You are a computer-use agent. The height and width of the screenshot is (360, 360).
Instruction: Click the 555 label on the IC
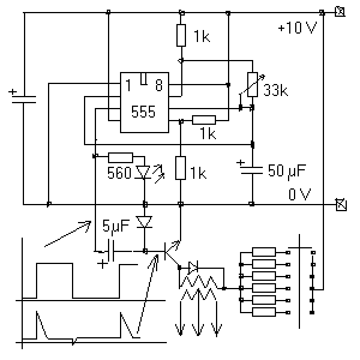143,112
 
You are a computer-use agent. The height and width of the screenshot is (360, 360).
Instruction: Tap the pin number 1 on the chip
128,85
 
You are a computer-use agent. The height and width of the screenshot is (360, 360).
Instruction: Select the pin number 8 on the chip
159,85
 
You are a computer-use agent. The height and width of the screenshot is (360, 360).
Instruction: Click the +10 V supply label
298,28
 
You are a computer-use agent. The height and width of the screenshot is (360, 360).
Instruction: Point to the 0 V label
299,194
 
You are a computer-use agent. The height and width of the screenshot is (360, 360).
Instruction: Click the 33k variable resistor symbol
253,85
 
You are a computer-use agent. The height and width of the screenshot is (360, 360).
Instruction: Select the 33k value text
275,90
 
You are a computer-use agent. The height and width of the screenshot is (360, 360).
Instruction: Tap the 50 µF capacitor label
287,170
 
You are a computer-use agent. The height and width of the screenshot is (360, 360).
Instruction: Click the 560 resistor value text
119,173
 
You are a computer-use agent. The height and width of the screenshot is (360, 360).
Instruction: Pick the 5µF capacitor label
116,226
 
